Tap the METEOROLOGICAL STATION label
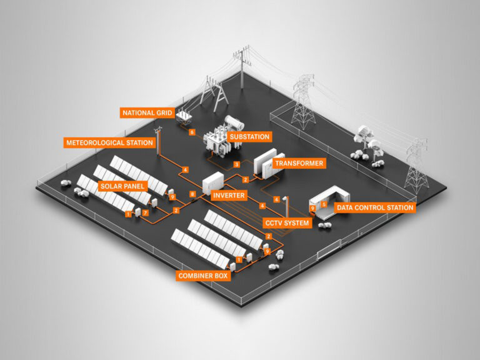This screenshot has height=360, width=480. pyautogui.click(x=109, y=142)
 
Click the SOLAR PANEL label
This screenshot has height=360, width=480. pyautogui.click(x=123, y=186)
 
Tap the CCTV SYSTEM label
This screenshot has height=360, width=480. pyautogui.click(x=288, y=222)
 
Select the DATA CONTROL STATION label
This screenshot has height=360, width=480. pyautogui.click(x=374, y=207)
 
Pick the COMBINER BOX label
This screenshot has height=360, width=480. pyautogui.click(x=203, y=275)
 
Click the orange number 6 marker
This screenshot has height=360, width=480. pyautogui.click(x=192, y=132)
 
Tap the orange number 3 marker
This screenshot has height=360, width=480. pyautogui.click(x=237, y=164)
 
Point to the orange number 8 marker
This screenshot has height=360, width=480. pyautogui.click(x=192, y=195)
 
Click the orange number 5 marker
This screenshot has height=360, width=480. pyautogui.click(x=324, y=204)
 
